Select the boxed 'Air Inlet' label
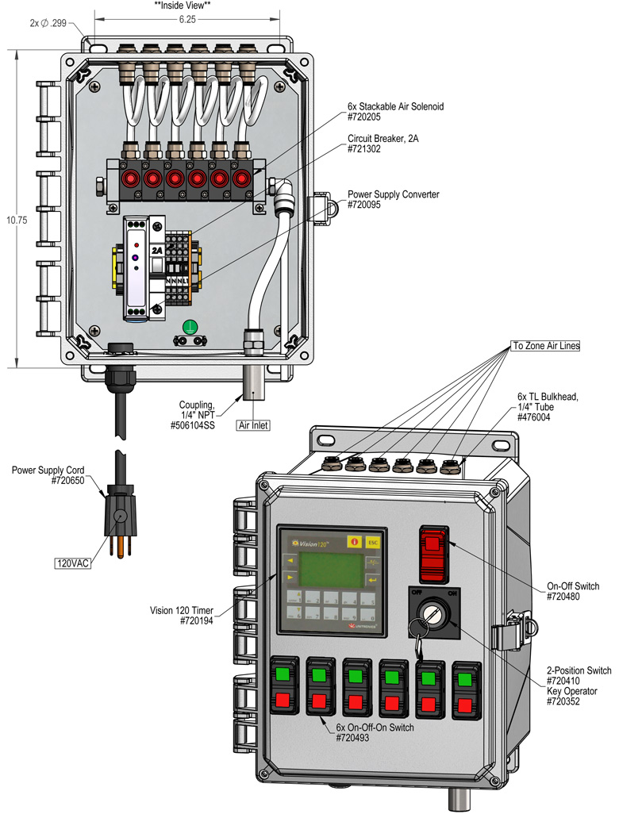pyautogui.click(x=255, y=425)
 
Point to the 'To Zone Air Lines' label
pyautogui.click(x=544, y=346)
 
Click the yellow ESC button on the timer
pyautogui.click(x=372, y=543)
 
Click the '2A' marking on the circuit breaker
pyautogui.click(x=158, y=249)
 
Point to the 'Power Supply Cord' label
pyautogui.click(x=48, y=470)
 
